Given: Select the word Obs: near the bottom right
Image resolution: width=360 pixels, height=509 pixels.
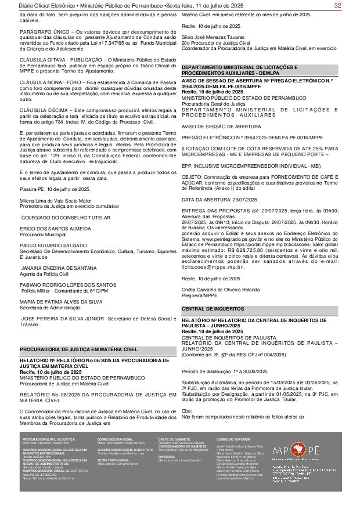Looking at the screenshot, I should coord(187,395).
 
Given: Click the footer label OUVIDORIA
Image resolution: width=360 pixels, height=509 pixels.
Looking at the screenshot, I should coord(166,456).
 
